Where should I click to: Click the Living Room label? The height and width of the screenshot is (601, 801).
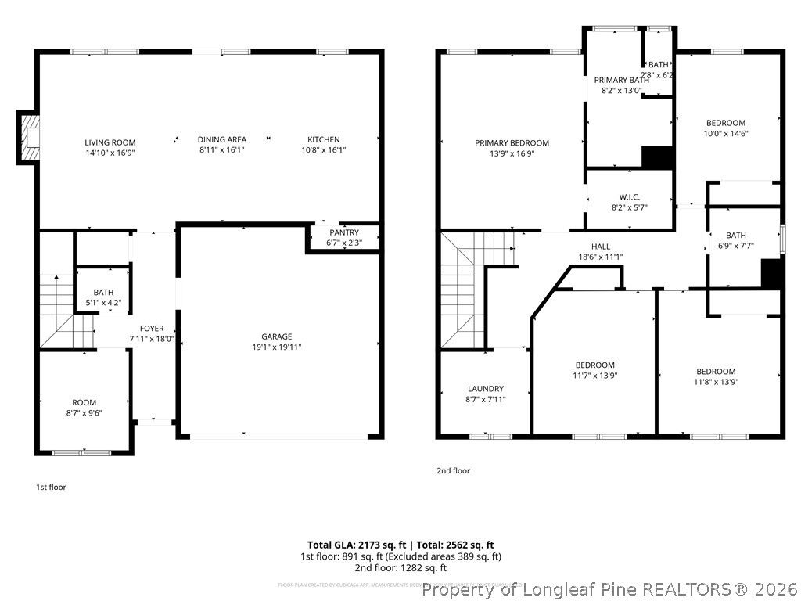pyautogui.click(x=110, y=142)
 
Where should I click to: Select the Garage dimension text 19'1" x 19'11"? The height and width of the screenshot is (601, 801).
pyautogui.click(x=276, y=347)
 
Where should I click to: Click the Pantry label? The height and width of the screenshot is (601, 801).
pyautogui.click(x=344, y=232)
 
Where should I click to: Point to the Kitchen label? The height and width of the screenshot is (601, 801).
pyautogui.click(x=323, y=139)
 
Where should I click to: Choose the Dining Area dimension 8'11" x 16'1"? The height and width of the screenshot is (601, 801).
pyautogui.click(x=222, y=149)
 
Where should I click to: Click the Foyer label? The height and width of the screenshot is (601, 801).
pyautogui.click(x=152, y=329)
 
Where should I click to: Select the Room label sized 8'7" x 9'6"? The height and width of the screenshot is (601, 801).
pyautogui.click(x=84, y=402)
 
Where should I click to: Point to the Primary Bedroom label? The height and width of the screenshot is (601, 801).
pyautogui.click(x=512, y=143)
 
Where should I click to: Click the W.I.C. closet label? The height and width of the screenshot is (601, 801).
pyautogui.click(x=630, y=197)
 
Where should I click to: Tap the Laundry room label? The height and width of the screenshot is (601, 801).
pyautogui.click(x=486, y=389)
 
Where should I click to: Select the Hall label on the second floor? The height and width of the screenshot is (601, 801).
pyautogui.click(x=601, y=247)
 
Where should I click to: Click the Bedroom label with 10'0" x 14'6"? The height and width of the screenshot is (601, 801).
pyautogui.click(x=726, y=123)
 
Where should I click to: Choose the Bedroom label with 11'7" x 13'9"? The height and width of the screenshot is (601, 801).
pyautogui.click(x=595, y=365)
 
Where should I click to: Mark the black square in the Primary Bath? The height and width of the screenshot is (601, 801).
pyautogui.click(x=657, y=157)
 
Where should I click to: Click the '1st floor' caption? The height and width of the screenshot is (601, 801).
pyautogui.click(x=51, y=487)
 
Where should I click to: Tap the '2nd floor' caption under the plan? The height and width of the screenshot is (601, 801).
pyautogui.click(x=453, y=470)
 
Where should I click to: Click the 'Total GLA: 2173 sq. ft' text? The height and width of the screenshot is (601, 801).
pyautogui.click(x=356, y=545)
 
